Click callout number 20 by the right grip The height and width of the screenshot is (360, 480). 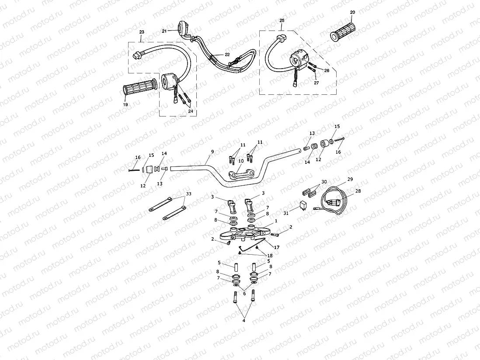352,12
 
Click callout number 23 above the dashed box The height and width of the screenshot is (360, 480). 142,32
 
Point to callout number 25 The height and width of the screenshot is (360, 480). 282,20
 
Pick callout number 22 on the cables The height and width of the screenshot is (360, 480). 227,55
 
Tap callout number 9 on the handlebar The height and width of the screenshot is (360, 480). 212,152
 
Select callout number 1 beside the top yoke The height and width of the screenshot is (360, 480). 276,221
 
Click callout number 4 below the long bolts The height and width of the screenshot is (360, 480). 243,321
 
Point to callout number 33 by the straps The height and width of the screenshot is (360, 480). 188,194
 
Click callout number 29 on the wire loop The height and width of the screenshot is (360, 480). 350,179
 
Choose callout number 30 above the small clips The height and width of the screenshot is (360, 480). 324,182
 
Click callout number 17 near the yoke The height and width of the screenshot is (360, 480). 276,247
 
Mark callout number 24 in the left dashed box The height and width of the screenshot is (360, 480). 191,111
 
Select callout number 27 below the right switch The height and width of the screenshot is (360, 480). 316,83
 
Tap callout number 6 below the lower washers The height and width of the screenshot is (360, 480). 244,294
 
